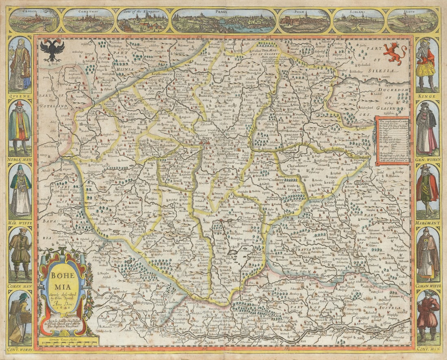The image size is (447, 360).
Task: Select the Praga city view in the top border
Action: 223,21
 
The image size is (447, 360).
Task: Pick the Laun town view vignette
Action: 412,21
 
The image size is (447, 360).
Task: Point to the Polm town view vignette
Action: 304,21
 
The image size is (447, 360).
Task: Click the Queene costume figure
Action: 20,64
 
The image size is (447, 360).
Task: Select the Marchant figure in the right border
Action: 427,190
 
